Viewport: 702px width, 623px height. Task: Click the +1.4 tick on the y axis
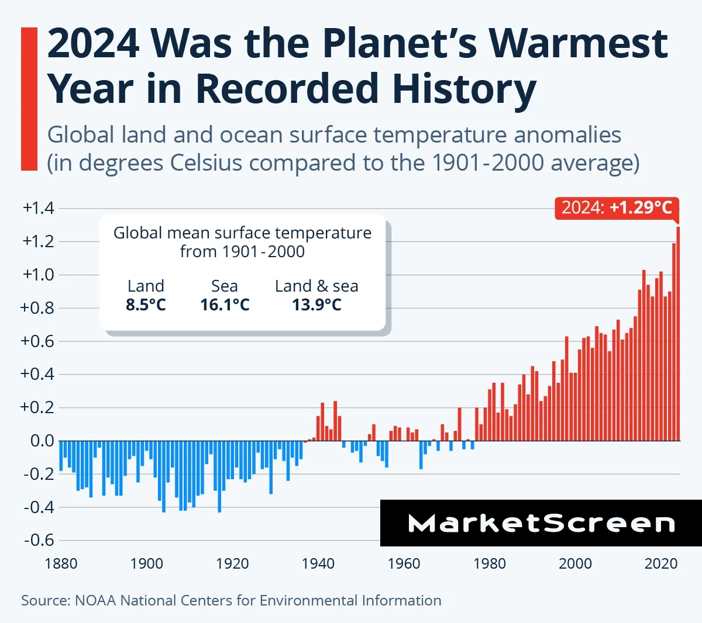coord(38,208)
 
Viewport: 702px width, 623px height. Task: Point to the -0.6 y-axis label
coord(39,539)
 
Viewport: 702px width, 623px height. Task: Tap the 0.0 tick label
coord(42,441)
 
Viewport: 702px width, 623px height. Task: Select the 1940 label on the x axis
coord(318,563)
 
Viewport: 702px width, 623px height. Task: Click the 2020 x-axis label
coord(661,563)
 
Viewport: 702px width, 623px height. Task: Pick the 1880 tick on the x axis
coord(61,563)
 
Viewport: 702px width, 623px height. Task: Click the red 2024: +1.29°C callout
coord(617,207)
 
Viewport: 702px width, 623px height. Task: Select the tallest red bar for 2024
coord(678,333)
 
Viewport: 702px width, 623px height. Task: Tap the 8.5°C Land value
coord(146,304)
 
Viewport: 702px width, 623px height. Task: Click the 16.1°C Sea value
coord(225,304)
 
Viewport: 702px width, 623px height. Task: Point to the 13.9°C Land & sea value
coord(316,304)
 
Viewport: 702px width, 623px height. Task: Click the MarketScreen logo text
coord(541,523)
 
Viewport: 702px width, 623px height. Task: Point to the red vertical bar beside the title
coord(29,99)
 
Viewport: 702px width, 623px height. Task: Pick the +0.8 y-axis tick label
coord(38,307)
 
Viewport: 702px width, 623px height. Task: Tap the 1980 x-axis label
coord(490,563)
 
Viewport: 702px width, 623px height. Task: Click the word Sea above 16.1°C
coord(225,286)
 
